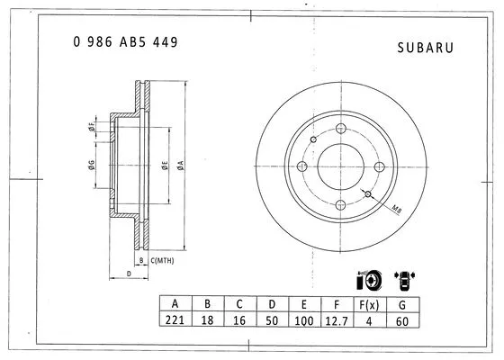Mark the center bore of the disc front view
point(338,166)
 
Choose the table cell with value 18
point(209,319)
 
